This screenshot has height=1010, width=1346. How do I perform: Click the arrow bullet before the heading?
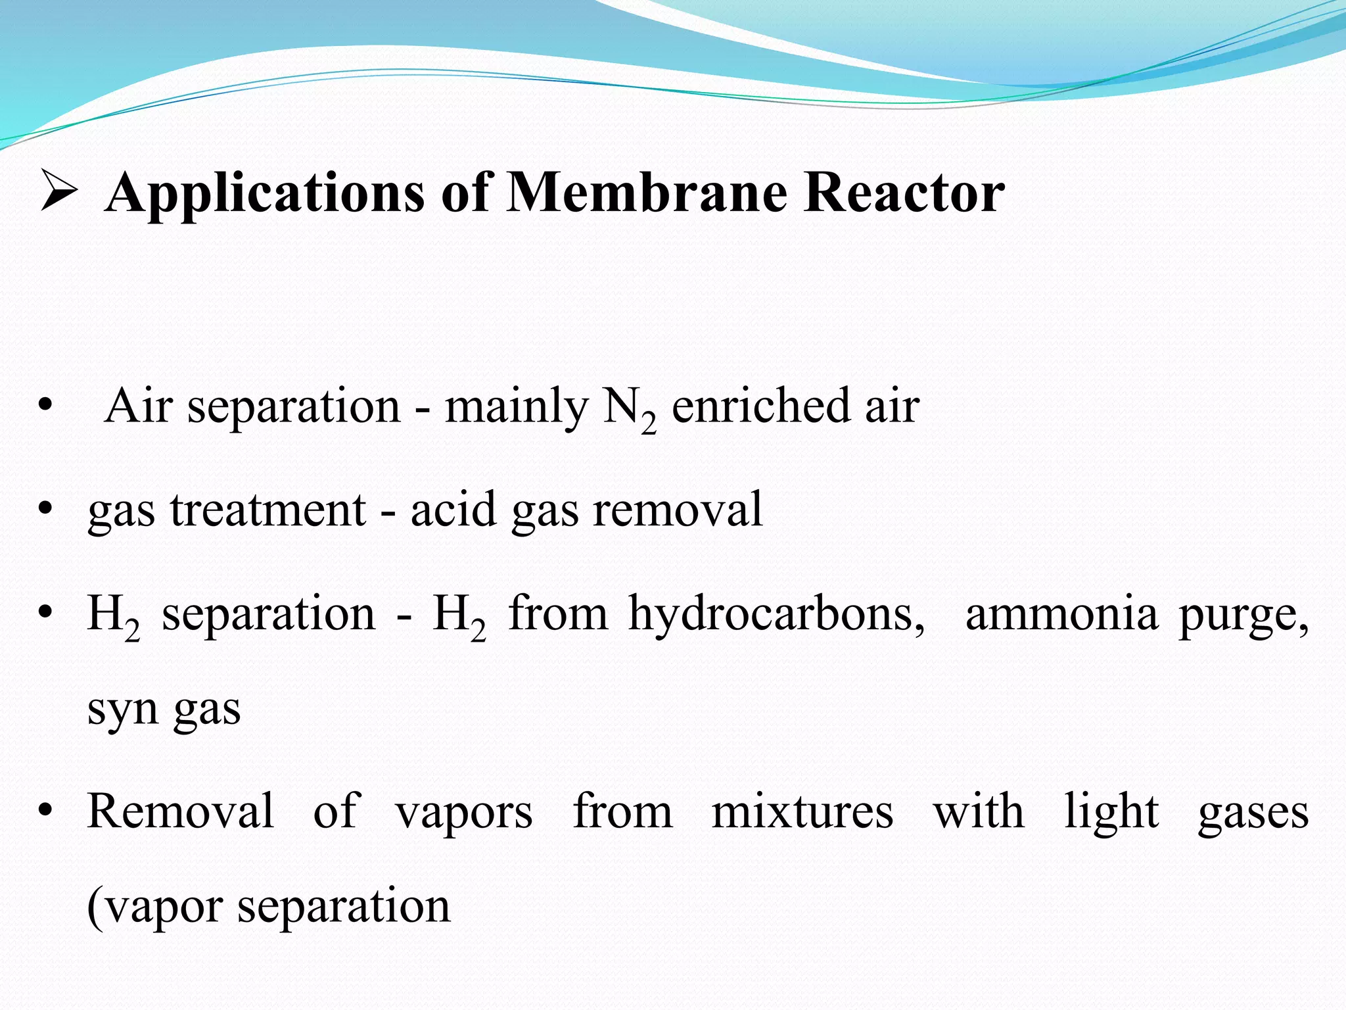tap(59, 191)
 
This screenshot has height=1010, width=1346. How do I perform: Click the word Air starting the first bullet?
tap(137, 406)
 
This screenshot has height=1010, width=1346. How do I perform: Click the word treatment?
tap(268, 510)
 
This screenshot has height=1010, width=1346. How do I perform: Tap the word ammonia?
tap(1061, 613)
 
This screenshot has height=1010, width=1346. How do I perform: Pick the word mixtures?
tap(802, 811)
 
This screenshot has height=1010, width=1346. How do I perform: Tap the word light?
tap(1111, 811)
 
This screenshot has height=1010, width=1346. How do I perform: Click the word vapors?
tap(464, 813)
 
